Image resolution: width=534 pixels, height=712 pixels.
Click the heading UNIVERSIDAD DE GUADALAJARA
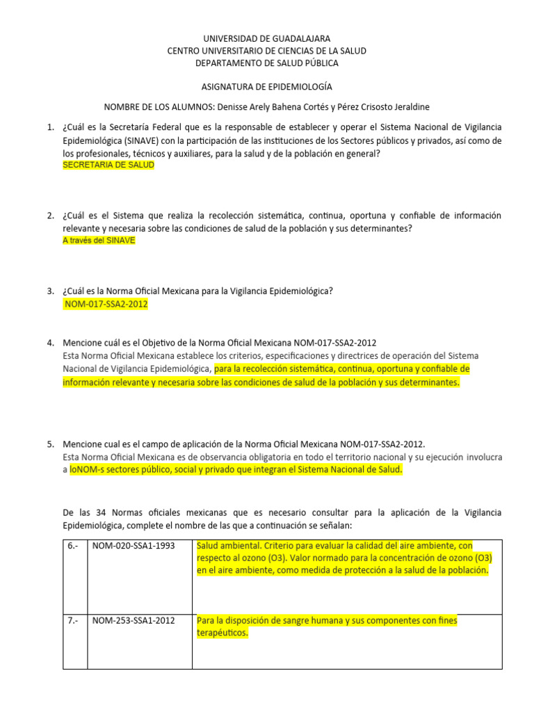point(267,38)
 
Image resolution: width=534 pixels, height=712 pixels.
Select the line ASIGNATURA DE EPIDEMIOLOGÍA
point(267,87)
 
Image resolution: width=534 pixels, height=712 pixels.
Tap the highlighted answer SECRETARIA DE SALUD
point(108,165)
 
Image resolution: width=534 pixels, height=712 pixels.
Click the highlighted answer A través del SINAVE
point(99,240)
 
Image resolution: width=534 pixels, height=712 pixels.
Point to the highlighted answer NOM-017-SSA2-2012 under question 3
point(106,304)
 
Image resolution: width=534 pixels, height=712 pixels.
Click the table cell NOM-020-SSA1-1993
point(133,546)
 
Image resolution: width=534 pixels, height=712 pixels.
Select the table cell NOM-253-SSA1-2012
point(133,620)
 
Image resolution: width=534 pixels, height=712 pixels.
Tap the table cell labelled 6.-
point(74,546)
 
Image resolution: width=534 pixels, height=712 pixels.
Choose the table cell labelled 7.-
point(74,620)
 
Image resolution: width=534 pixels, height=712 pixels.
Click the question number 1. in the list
point(50,128)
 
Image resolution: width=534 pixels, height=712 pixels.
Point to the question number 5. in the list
point(50,444)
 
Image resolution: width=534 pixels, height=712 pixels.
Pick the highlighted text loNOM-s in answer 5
point(86,470)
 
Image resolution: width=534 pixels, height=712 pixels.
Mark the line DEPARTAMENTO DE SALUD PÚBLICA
point(267,63)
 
